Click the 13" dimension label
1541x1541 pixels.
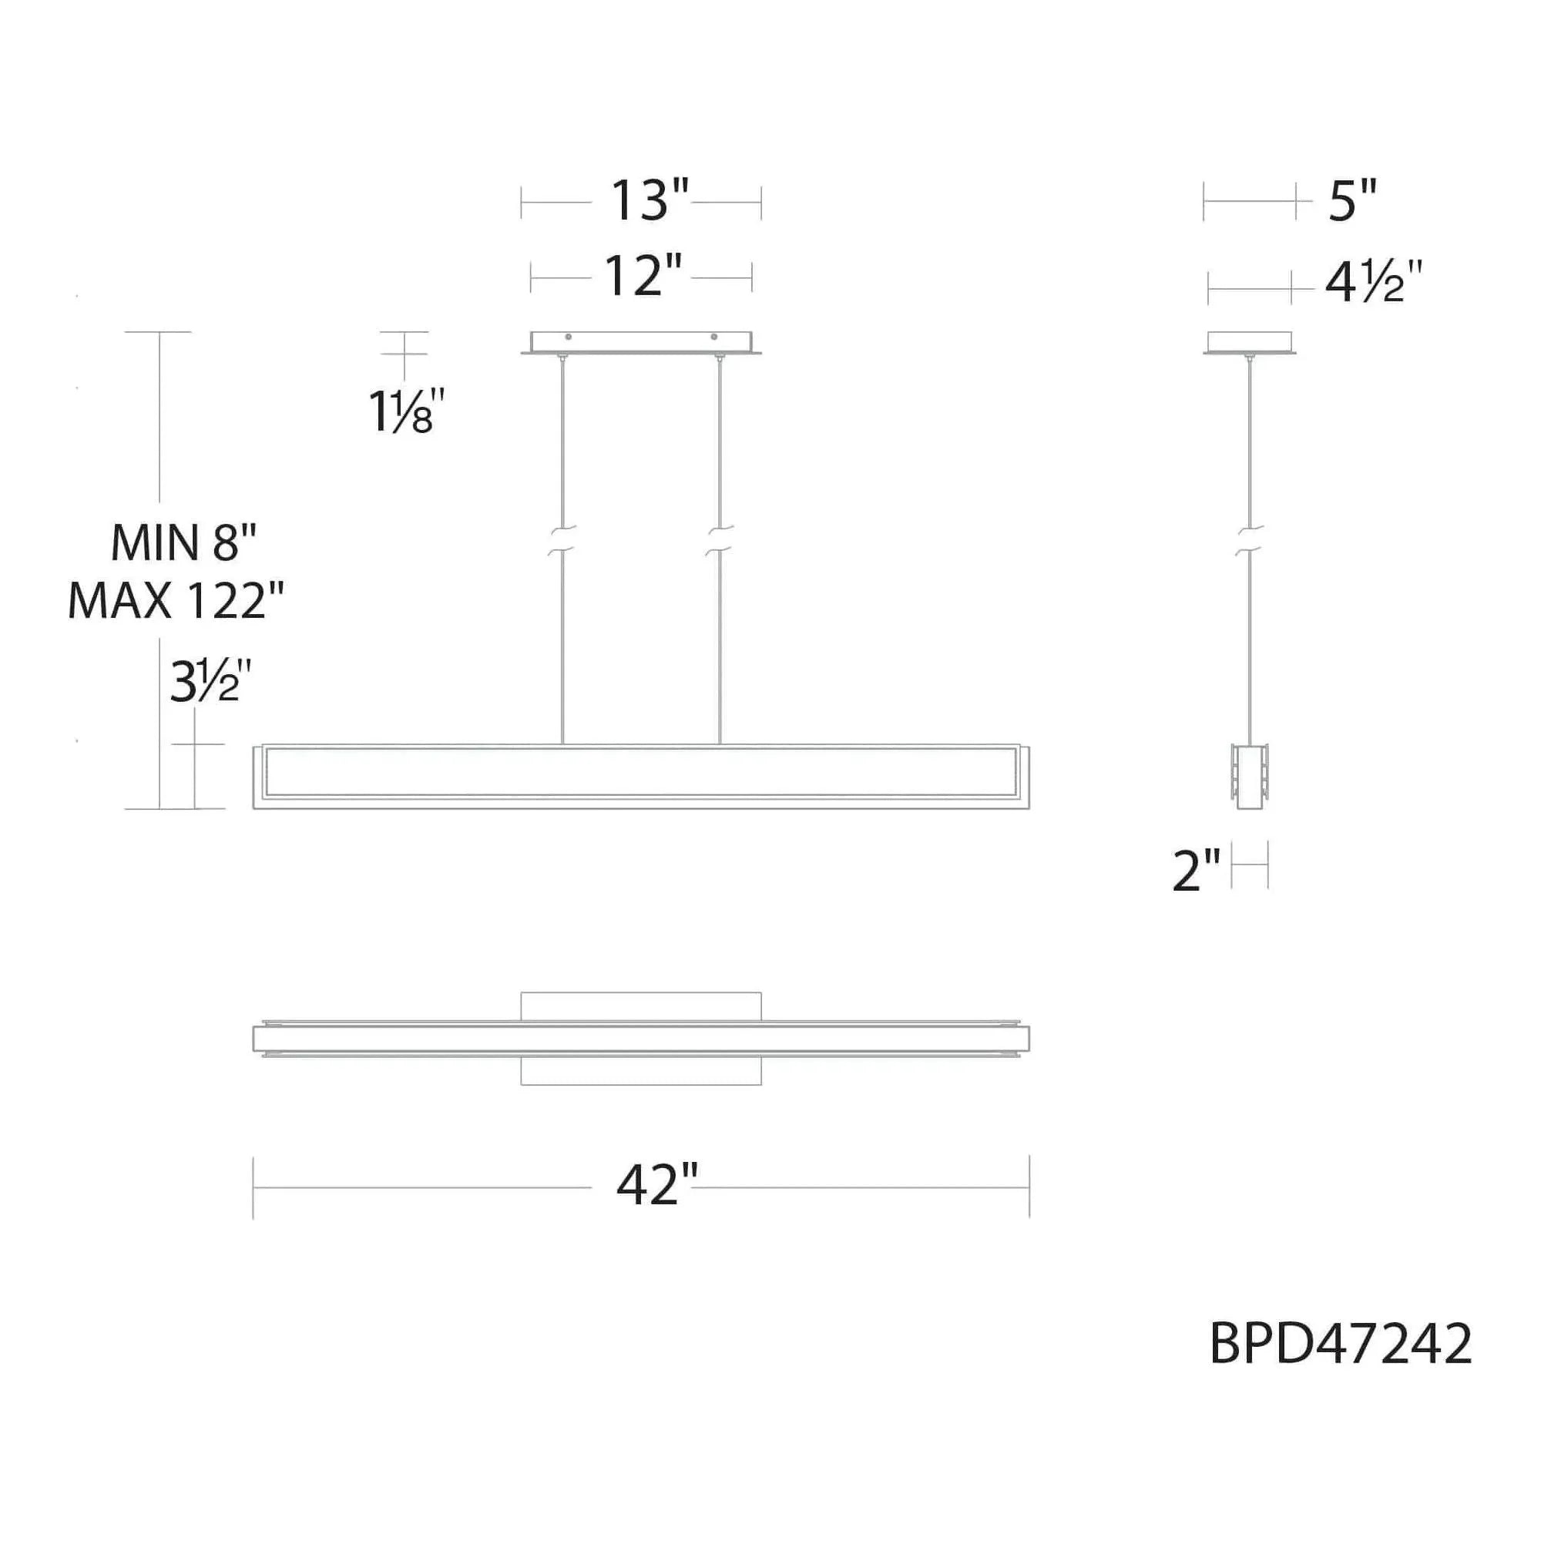[x=649, y=201]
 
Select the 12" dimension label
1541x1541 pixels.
[x=643, y=276]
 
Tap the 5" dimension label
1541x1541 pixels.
[x=1353, y=201]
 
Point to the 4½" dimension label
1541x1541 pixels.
[x=1373, y=283]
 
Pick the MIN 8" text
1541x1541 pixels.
[x=183, y=543]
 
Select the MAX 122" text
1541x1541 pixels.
[x=176, y=602]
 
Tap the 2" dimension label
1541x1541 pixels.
[x=1197, y=871]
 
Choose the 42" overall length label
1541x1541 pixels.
[x=656, y=1186]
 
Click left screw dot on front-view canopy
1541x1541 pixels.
[x=567, y=337]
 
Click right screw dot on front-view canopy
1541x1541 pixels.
[x=714, y=337]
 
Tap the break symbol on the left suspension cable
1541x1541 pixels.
[x=563, y=540]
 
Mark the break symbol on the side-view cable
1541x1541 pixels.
[x=1251, y=540]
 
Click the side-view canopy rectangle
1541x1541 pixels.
[x=1249, y=342]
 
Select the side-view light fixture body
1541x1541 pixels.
[x=1250, y=777]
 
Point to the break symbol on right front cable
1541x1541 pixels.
[x=720, y=540]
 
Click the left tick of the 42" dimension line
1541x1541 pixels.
[x=253, y=1186]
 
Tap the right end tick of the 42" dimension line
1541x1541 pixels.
[x=1029, y=1186]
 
